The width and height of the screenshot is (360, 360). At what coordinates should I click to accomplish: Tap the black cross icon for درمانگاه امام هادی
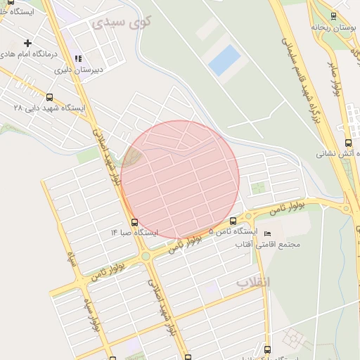pyautogui.click(x=27, y=44)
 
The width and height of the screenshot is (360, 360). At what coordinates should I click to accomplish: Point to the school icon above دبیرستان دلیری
pyautogui.click(x=79, y=58)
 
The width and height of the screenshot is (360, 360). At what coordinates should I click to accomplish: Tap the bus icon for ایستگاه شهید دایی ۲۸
pyautogui.click(x=49, y=98)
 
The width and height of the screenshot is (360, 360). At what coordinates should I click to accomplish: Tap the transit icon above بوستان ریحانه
pyautogui.click(x=333, y=15)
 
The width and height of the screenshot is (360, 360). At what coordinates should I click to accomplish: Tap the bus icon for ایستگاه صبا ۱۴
pyautogui.click(x=134, y=222)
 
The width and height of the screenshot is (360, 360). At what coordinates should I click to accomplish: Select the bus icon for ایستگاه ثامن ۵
pyautogui.click(x=233, y=221)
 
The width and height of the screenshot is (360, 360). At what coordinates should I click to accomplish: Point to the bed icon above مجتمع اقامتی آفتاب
pyautogui.click(x=266, y=233)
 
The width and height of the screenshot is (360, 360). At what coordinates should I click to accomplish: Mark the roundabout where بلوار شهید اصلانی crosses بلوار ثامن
pyautogui.click(x=146, y=257)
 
